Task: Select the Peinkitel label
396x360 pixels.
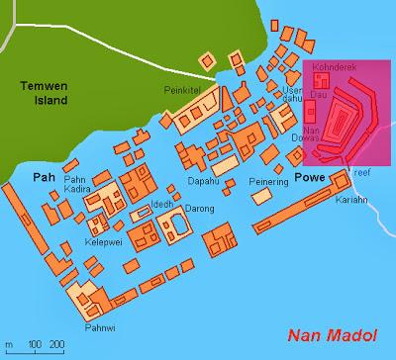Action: (182, 89)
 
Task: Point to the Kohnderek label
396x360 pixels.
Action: (331, 72)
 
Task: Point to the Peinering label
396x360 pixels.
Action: (254, 182)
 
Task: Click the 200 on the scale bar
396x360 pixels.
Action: (55, 343)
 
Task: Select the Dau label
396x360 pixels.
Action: (319, 94)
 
